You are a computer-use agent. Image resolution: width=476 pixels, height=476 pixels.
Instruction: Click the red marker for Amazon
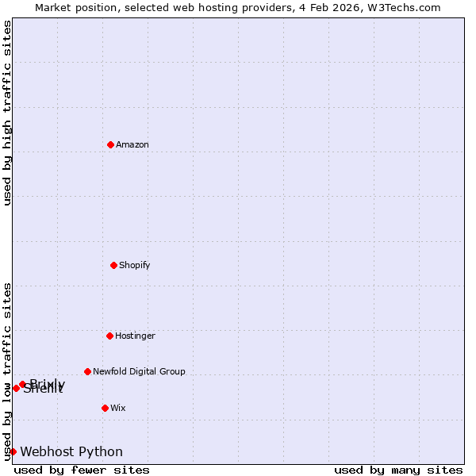(110, 144)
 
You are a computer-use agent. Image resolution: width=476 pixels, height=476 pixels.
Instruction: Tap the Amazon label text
(132, 144)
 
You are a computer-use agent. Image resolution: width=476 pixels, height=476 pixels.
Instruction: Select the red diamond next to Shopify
(113, 265)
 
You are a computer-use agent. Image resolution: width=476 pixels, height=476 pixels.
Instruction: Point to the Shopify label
(135, 265)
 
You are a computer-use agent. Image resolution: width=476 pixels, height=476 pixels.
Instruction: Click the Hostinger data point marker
(109, 336)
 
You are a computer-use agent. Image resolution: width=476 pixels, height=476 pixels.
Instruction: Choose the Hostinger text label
(136, 336)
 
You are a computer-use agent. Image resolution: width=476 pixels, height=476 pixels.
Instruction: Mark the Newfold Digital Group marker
(87, 371)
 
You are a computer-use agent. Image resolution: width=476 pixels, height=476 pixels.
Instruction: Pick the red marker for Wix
(105, 408)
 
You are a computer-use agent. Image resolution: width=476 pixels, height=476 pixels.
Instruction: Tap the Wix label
(118, 408)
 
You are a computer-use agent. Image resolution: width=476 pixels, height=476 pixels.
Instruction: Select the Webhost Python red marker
(13, 451)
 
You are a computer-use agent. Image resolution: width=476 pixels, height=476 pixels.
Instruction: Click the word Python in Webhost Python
(101, 452)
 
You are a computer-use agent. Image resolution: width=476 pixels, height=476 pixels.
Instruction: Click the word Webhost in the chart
(48, 452)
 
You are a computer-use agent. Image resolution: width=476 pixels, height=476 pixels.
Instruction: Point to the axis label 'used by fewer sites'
(82, 470)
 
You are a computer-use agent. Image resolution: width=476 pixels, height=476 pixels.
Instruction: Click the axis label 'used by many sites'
(398, 470)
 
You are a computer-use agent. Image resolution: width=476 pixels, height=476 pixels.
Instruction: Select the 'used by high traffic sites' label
(7, 113)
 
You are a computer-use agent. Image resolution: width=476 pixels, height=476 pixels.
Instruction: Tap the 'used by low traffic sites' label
(7, 370)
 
